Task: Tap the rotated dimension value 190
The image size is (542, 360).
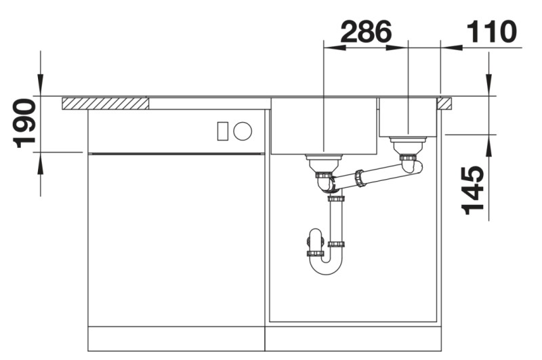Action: (x=25, y=123)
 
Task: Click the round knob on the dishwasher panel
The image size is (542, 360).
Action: (x=243, y=131)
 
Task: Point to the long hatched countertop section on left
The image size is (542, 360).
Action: (x=105, y=103)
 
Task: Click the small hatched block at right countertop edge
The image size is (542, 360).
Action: (x=444, y=103)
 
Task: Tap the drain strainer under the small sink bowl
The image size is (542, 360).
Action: (x=409, y=143)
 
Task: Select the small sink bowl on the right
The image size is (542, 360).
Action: (x=408, y=117)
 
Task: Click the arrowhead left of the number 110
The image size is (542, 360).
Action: (x=451, y=47)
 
